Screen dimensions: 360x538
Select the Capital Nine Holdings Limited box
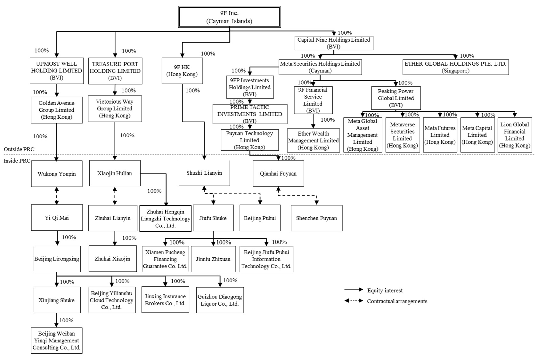(334, 43)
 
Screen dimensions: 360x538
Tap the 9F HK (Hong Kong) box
(182, 71)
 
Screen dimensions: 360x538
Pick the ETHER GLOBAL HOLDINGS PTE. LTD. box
(455, 67)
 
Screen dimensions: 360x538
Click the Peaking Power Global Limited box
(395, 98)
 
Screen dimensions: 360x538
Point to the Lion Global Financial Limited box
(515, 135)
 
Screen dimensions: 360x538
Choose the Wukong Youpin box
(57, 174)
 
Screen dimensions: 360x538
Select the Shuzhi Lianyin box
(204, 173)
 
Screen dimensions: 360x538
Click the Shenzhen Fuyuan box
(316, 218)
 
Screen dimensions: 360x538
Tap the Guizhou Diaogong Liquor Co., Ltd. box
(220, 300)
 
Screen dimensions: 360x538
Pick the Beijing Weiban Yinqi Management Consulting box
(56, 340)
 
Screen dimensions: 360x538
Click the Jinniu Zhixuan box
(213, 259)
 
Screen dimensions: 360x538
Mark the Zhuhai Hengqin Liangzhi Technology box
(165, 219)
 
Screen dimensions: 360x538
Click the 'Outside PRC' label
(19, 149)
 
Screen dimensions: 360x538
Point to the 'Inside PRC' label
(17, 161)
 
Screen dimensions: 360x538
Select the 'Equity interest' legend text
(385, 291)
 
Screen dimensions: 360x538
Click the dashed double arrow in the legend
(354, 301)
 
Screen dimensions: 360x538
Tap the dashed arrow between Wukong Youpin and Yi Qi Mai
(57, 196)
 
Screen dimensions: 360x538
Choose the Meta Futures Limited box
(440, 135)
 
